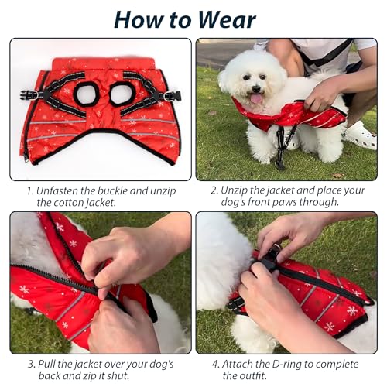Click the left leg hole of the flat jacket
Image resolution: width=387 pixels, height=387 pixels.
pos(85,94)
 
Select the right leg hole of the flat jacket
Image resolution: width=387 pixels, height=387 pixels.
pos(122,94)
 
